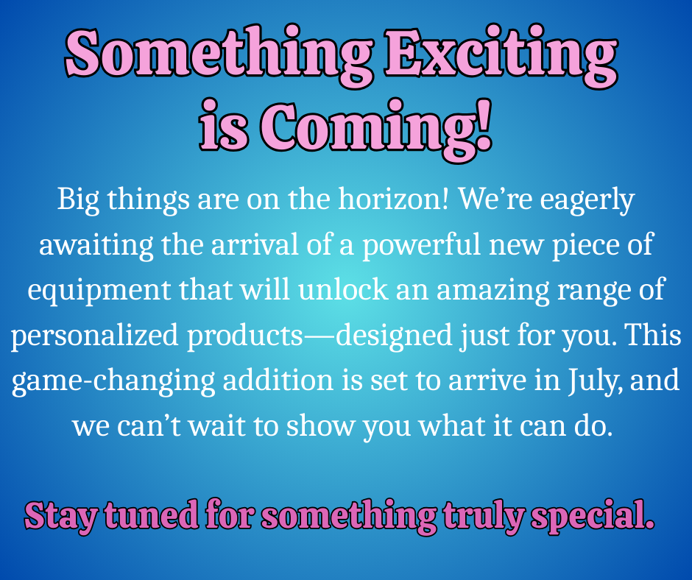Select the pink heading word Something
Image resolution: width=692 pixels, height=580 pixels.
(x=219, y=56)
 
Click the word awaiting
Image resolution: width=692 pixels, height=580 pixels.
(x=96, y=245)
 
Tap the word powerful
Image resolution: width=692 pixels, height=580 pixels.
(x=421, y=245)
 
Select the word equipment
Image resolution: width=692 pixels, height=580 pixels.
(x=99, y=291)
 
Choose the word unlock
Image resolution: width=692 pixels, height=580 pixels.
(x=343, y=290)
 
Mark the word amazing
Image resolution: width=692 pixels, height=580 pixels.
(x=492, y=291)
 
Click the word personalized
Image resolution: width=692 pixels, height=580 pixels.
(x=94, y=336)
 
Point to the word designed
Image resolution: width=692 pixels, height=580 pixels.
(x=394, y=336)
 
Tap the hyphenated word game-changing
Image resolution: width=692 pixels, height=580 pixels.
(x=113, y=381)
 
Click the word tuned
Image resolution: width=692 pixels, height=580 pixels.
(x=152, y=515)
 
